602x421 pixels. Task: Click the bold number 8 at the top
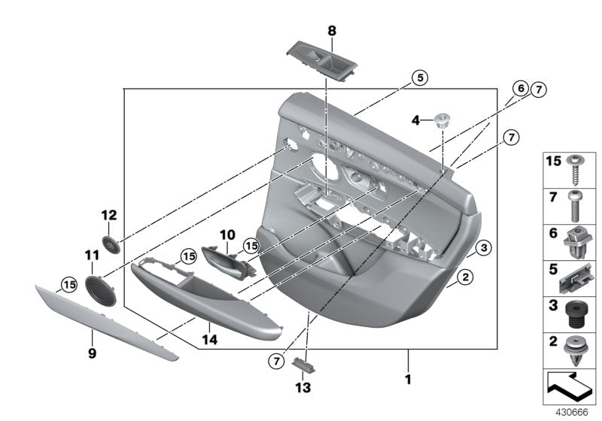[x=331, y=32]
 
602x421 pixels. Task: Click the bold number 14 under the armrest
[x=209, y=340]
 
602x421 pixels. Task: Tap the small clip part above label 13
[x=305, y=365]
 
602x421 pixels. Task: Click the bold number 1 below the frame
[x=408, y=380]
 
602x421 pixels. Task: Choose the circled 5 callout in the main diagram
[x=419, y=77]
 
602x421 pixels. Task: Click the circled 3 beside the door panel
[x=484, y=247]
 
